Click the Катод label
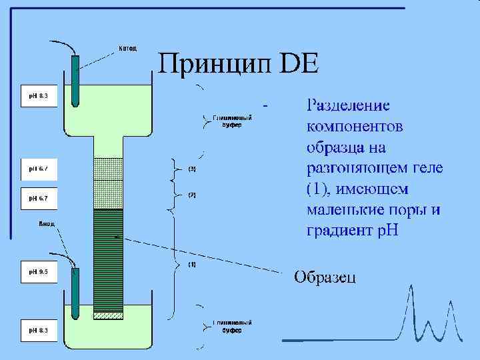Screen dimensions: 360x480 click(x=128, y=48)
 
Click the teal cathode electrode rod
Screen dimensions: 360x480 click(x=75, y=80)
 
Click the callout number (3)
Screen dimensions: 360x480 click(x=192, y=169)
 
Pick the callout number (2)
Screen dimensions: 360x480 click(x=192, y=195)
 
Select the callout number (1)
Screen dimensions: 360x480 click(x=192, y=265)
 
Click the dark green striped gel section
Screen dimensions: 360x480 click(x=108, y=260)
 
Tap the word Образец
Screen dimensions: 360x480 click(x=325, y=277)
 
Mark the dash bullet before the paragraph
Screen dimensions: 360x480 click(x=267, y=105)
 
